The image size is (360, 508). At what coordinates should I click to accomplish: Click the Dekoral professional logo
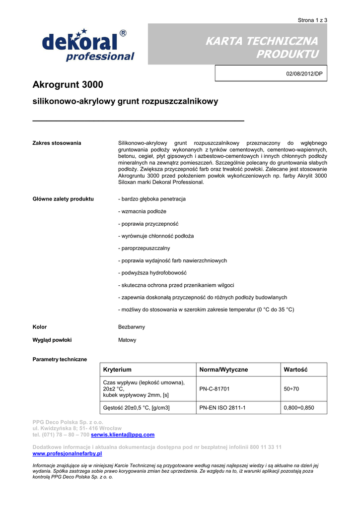point(88,45)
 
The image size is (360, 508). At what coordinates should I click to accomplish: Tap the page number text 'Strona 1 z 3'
point(312,20)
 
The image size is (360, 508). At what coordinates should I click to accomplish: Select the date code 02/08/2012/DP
point(304,73)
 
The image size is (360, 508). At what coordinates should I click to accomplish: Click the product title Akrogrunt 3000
point(68,85)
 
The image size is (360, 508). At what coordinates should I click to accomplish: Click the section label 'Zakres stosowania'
point(57,143)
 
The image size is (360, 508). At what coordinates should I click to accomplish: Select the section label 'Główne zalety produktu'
point(63,199)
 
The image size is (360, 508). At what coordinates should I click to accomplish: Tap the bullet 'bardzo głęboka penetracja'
point(152,199)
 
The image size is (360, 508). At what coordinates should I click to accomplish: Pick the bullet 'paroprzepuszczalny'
point(144,248)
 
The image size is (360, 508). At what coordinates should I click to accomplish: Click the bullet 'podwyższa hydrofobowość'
point(152,273)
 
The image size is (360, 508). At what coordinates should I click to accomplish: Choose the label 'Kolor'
point(40,327)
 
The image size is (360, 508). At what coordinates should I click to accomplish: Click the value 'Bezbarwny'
point(132,327)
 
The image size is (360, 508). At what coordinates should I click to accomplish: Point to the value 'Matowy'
point(127,340)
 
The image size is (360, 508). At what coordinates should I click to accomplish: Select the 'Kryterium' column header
point(117,370)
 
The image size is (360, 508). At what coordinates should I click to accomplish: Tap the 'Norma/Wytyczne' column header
point(223,370)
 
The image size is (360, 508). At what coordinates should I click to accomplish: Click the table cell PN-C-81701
point(215,389)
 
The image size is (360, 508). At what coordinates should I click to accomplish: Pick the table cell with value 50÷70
point(291,389)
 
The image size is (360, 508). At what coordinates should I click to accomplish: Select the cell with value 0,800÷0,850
point(298,408)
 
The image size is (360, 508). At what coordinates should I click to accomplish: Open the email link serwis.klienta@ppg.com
point(123,435)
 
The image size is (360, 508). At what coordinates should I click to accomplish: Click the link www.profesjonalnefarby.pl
point(67,453)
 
